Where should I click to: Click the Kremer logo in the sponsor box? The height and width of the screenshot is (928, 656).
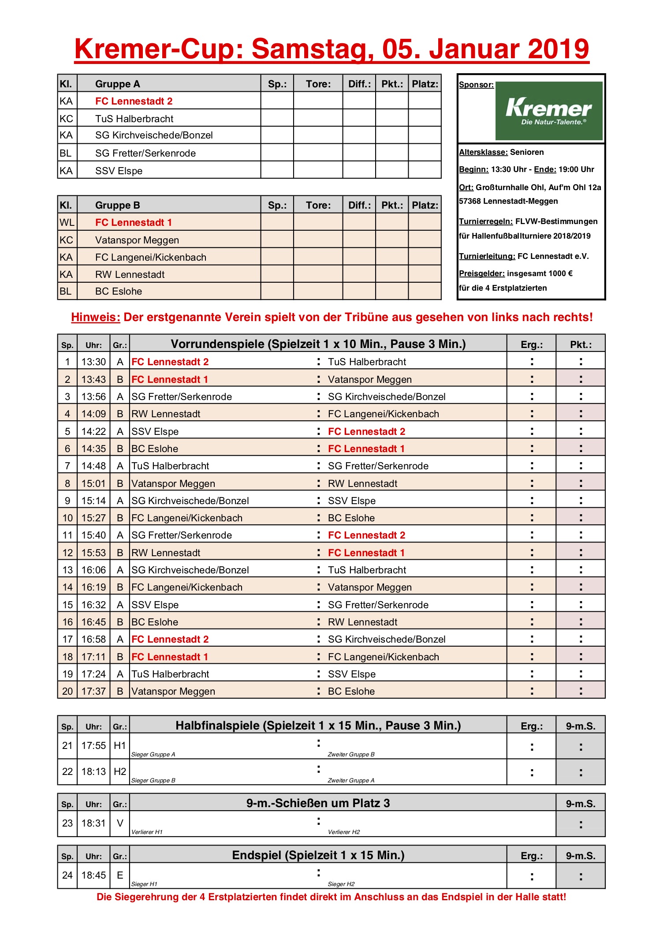coord(549,111)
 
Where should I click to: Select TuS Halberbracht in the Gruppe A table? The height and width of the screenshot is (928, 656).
coord(134,119)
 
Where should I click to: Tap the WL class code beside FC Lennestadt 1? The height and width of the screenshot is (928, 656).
coord(67,222)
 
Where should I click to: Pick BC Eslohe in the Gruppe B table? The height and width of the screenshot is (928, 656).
coord(119,292)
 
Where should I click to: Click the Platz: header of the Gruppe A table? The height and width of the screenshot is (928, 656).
coord(425,84)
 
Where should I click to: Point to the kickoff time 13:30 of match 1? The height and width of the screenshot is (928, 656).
coord(93,362)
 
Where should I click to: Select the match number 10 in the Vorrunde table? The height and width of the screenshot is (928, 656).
coord(67,518)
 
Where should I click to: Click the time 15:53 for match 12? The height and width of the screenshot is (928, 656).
coord(93,553)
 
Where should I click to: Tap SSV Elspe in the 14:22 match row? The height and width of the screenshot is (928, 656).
coord(155,431)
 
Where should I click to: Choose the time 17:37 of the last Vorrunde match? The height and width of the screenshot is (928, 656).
coord(93,691)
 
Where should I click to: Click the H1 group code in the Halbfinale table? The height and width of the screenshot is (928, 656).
coord(119,745)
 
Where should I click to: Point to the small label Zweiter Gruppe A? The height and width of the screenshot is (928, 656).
coord(351,780)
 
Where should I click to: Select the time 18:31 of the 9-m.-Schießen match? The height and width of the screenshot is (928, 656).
coord(93,823)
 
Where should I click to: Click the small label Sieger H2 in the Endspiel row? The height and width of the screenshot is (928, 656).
coord(341,884)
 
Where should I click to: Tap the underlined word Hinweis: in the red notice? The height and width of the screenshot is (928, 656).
coord(96,317)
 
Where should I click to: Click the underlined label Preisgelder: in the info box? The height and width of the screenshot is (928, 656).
coord(481,273)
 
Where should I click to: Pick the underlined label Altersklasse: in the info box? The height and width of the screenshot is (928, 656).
coord(483,152)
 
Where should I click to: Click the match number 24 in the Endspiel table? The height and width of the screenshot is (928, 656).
coord(67,875)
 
